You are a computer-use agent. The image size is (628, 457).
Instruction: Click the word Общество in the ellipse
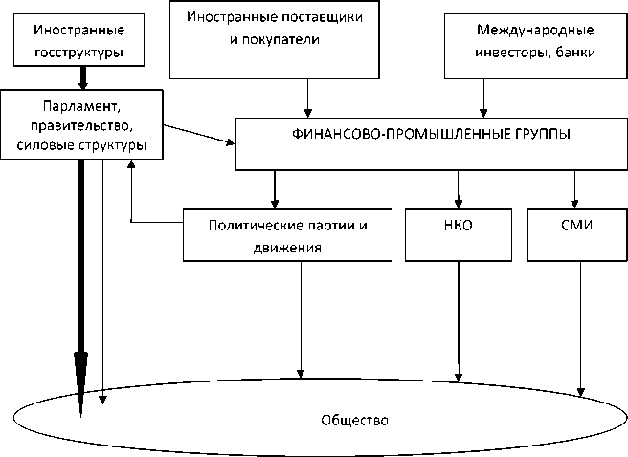point(354,421)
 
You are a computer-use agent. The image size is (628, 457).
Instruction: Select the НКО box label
point(459,225)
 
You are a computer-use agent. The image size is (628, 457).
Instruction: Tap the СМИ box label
point(576,225)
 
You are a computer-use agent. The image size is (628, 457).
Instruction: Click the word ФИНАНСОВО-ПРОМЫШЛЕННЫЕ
point(401,134)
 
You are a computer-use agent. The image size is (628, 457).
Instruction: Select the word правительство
point(81,126)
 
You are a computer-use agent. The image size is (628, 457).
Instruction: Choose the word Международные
point(535,30)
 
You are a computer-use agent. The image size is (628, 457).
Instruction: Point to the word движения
point(287,248)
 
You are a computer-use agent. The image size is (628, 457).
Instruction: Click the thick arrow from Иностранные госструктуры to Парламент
point(83,78)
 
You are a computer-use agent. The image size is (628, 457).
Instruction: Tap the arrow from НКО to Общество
point(459,321)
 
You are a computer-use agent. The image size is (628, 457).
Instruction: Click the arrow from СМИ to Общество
point(581,329)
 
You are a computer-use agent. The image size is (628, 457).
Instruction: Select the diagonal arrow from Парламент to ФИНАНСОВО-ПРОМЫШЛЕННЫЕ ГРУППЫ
point(199,135)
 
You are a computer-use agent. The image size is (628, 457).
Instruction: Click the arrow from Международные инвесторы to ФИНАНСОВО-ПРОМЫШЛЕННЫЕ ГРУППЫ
point(483,98)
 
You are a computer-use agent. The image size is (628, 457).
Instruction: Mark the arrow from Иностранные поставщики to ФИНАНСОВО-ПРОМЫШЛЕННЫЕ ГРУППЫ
point(307,98)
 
